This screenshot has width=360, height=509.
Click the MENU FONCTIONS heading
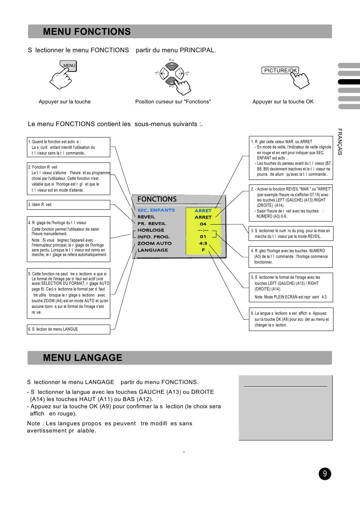[87, 32]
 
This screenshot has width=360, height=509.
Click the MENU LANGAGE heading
[83, 358]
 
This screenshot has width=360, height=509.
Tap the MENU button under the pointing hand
[69, 66]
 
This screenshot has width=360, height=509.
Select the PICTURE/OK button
[280, 70]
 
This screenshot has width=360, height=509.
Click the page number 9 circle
[325, 474]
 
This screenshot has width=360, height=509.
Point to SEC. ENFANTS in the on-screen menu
[156, 210]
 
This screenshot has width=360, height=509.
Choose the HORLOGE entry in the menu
[150, 230]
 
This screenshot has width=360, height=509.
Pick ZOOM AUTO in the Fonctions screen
[154, 244]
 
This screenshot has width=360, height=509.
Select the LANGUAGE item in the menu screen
[153, 250]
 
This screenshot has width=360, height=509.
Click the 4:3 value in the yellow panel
[203, 244]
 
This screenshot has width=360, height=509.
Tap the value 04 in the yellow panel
[203, 224]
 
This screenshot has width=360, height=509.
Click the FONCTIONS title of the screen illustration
[157, 199]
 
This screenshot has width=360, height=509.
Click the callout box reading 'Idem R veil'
[69, 205]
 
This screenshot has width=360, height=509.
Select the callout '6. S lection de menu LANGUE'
[69, 329]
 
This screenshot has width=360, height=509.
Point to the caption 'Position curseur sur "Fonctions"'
[173, 101]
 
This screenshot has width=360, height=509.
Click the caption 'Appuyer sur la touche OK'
[283, 101]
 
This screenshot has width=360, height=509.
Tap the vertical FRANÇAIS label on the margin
[340, 142]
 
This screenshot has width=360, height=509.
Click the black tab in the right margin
[349, 82]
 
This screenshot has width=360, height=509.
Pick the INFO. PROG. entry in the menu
[153, 237]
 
